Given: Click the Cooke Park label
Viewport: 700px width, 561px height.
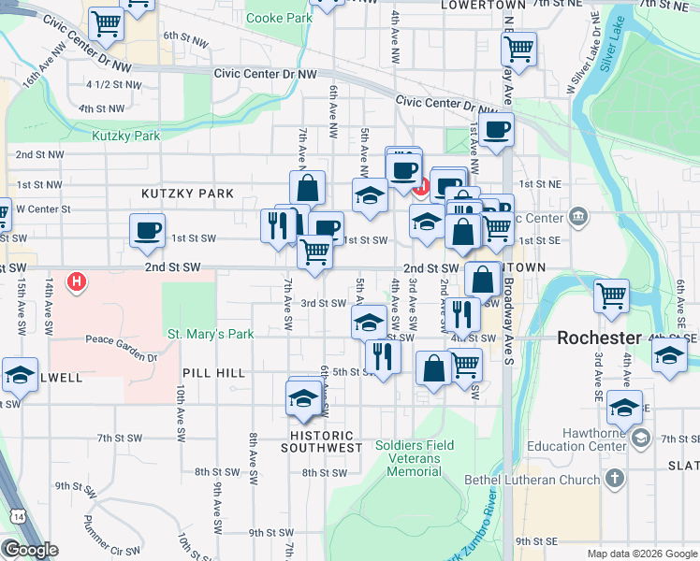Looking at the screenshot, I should click(x=279, y=18).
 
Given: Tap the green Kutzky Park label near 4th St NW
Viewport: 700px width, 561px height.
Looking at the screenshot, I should click(x=126, y=136).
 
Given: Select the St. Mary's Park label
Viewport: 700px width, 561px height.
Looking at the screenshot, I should click(x=211, y=334).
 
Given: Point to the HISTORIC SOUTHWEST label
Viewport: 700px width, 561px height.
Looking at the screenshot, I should click(x=323, y=441).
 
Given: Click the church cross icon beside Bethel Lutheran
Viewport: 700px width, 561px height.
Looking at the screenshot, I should click(x=614, y=480).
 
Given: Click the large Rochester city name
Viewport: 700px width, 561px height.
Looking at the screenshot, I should click(x=599, y=338).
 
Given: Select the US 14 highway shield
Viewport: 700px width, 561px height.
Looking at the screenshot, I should click(x=18, y=517).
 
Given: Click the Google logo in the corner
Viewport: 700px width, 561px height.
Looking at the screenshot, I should click(x=30, y=550).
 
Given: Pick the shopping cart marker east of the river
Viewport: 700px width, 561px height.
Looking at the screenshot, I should click(x=611, y=295).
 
